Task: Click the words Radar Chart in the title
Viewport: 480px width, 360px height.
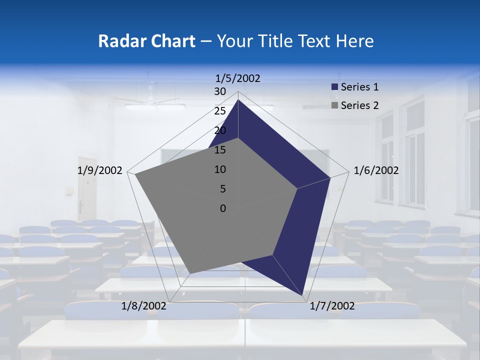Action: click(146, 41)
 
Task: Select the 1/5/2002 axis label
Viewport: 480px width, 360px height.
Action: click(238, 78)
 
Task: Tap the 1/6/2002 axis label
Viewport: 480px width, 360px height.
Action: click(376, 170)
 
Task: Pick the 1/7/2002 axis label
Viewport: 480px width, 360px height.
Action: click(332, 306)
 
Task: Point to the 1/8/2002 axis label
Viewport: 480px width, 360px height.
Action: click(144, 306)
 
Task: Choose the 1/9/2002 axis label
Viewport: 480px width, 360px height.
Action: click(99, 170)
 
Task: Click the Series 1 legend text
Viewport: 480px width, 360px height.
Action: click(359, 87)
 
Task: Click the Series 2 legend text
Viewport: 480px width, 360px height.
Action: click(359, 105)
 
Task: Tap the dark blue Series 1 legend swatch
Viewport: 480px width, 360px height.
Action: click(334, 87)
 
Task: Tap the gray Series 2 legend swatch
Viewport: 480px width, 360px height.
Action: click(334, 105)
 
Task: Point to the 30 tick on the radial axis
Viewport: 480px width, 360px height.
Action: click(220, 91)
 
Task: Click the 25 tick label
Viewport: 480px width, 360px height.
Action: click(220, 111)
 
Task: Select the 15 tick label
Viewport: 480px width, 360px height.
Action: click(220, 150)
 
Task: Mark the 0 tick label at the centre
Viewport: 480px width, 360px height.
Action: click(223, 208)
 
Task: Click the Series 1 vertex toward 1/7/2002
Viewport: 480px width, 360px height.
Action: click(303, 295)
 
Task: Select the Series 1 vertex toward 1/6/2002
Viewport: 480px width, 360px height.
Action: click(330, 177)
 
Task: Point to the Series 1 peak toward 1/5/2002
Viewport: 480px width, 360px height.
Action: click(238, 100)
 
